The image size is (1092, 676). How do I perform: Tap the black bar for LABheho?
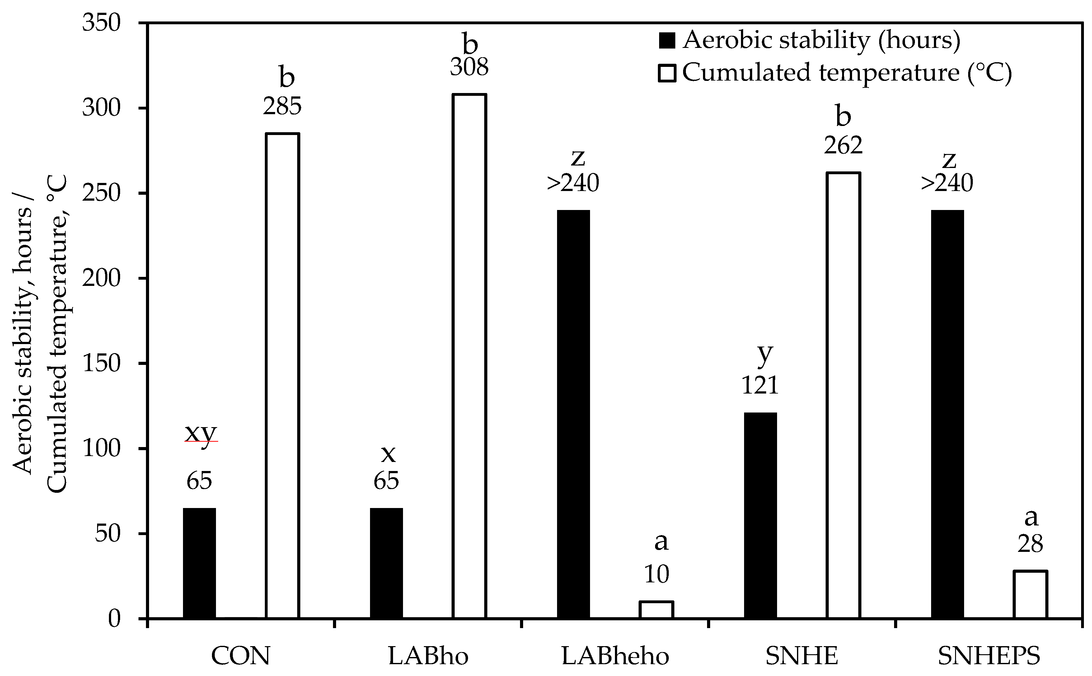point(573,414)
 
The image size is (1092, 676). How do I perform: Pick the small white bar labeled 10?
point(656,610)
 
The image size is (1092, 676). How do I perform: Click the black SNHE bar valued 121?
point(760,515)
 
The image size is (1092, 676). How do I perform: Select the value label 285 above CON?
point(282,107)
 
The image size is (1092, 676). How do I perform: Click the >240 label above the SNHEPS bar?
point(947,183)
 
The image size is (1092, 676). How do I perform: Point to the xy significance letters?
point(201,433)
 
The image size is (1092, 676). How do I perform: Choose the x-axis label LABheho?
point(615,656)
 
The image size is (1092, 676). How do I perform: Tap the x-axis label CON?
point(241,656)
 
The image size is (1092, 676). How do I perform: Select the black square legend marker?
point(666,41)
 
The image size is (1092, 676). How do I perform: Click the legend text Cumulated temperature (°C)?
point(846,73)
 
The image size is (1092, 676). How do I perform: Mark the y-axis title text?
point(39,333)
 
